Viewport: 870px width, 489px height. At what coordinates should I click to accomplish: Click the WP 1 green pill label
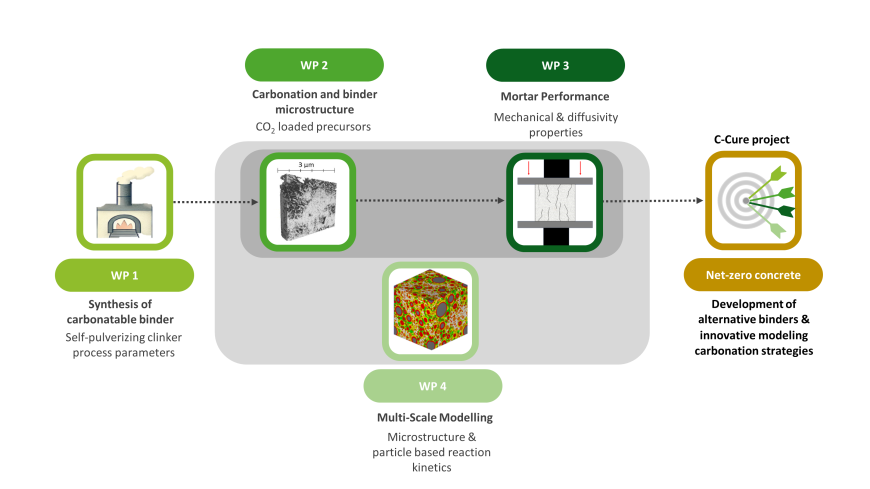coord(124,274)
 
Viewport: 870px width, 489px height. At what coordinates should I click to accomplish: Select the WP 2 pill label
coord(314,65)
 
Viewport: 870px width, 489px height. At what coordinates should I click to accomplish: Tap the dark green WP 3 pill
coord(555,65)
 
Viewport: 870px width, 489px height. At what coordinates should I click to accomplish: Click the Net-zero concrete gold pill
coord(753,274)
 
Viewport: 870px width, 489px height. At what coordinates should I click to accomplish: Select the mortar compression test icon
coord(555,200)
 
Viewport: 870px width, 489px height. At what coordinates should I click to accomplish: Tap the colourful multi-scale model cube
coord(431,310)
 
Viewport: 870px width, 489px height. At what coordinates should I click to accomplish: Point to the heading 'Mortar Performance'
coord(555,97)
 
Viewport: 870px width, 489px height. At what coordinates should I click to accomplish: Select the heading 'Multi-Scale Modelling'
coord(432,416)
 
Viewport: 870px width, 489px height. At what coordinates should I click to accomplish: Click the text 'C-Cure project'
coord(753,139)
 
